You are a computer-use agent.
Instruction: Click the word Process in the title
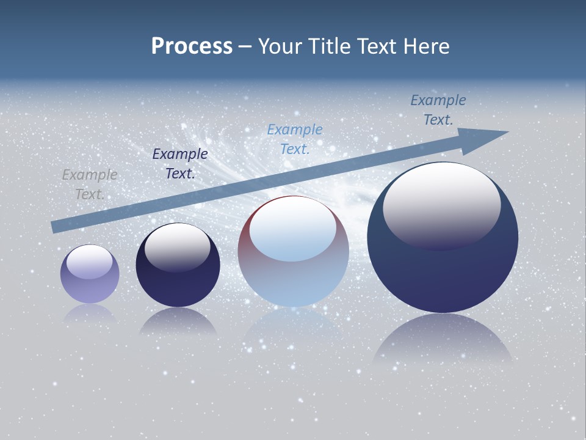coord(192,46)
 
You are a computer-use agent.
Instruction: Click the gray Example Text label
coord(90,184)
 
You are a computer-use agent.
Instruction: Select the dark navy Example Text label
coord(179,164)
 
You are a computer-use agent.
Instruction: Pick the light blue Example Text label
coord(295,139)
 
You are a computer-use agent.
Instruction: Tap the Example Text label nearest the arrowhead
coord(438,110)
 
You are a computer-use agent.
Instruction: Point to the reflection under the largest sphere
coord(443,339)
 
